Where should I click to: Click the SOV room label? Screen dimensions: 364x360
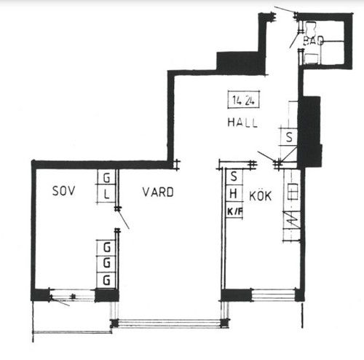pyautogui.click(x=64, y=191)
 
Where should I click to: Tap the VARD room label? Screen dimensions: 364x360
pyautogui.click(x=158, y=192)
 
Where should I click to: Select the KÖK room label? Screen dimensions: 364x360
pyautogui.click(x=261, y=196)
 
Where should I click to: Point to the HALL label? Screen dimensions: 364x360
pyautogui.click(x=242, y=122)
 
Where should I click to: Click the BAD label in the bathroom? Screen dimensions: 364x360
pyautogui.click(x=313, y=41)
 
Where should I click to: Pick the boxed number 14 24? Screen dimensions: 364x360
pyautogui.click(x=243, y=100)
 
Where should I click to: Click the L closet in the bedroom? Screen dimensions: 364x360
pyautogui.click(x=106, y=195)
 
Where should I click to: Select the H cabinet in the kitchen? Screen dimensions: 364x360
pyautogui.click(x=234, y=194)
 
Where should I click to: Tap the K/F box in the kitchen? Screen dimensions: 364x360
pyautogui.click(x=234, y=211)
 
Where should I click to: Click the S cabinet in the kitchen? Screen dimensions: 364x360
pyautogui.click(x=234, y=176)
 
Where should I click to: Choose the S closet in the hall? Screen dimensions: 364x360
pyautogui.click(x=289, y=137)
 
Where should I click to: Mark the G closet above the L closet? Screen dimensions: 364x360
pyautogui.click(x=106, y=177)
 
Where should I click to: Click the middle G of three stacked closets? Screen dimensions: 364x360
pyautogui.click(x=106, y=263)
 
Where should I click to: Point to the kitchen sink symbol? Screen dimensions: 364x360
pyautogui.click(x=293, y=192)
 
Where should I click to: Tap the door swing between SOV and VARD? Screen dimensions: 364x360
pyautogui.click(x=123, y=219)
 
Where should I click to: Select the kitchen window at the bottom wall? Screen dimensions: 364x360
pyautogui.click(x=274, y=294)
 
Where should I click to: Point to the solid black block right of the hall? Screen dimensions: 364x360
pyautogui.click(x=310, y=131)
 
